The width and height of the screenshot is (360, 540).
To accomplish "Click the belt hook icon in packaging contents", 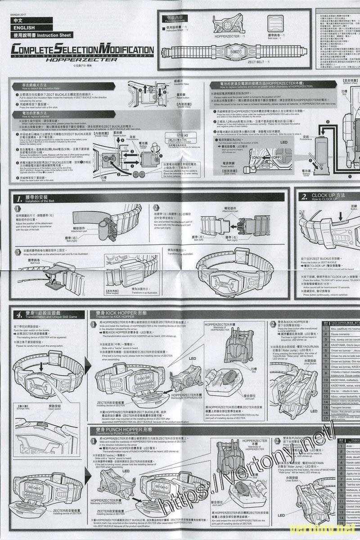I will coord(275,23).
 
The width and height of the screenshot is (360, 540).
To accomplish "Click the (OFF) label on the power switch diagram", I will coord(276,157).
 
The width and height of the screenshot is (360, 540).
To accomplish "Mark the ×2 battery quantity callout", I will coord(185,135).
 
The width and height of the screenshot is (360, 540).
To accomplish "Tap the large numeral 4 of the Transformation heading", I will coord(19,315).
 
